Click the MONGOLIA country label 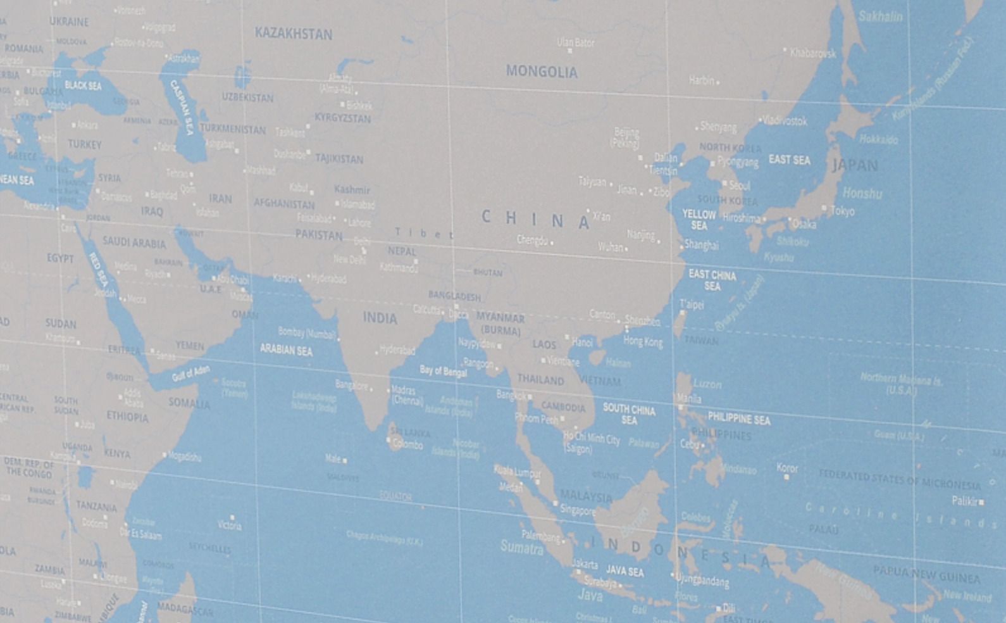[x=542, y=72]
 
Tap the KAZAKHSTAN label [x=293, y=34]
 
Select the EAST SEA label [x=789, y=160]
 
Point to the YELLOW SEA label [x=699, y=220]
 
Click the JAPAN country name [x=855, y=166]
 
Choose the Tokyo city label [x=842, y=211]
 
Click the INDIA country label [x=380, y=318]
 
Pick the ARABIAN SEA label [x=286, y=349]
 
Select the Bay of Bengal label [x=443, y=371]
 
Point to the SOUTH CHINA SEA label [x=629, y=414]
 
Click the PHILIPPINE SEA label [x=739, y=418]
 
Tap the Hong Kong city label [x=643, y=342]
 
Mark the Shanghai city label [x=701, y=245]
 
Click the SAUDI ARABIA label [x=134, y=242]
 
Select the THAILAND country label [x=540, y=380]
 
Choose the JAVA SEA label [x=624, y=572]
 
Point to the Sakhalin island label [x=880, y=16]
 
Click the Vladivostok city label [x=785, y=120]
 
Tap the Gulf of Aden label [x=190, y=374]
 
